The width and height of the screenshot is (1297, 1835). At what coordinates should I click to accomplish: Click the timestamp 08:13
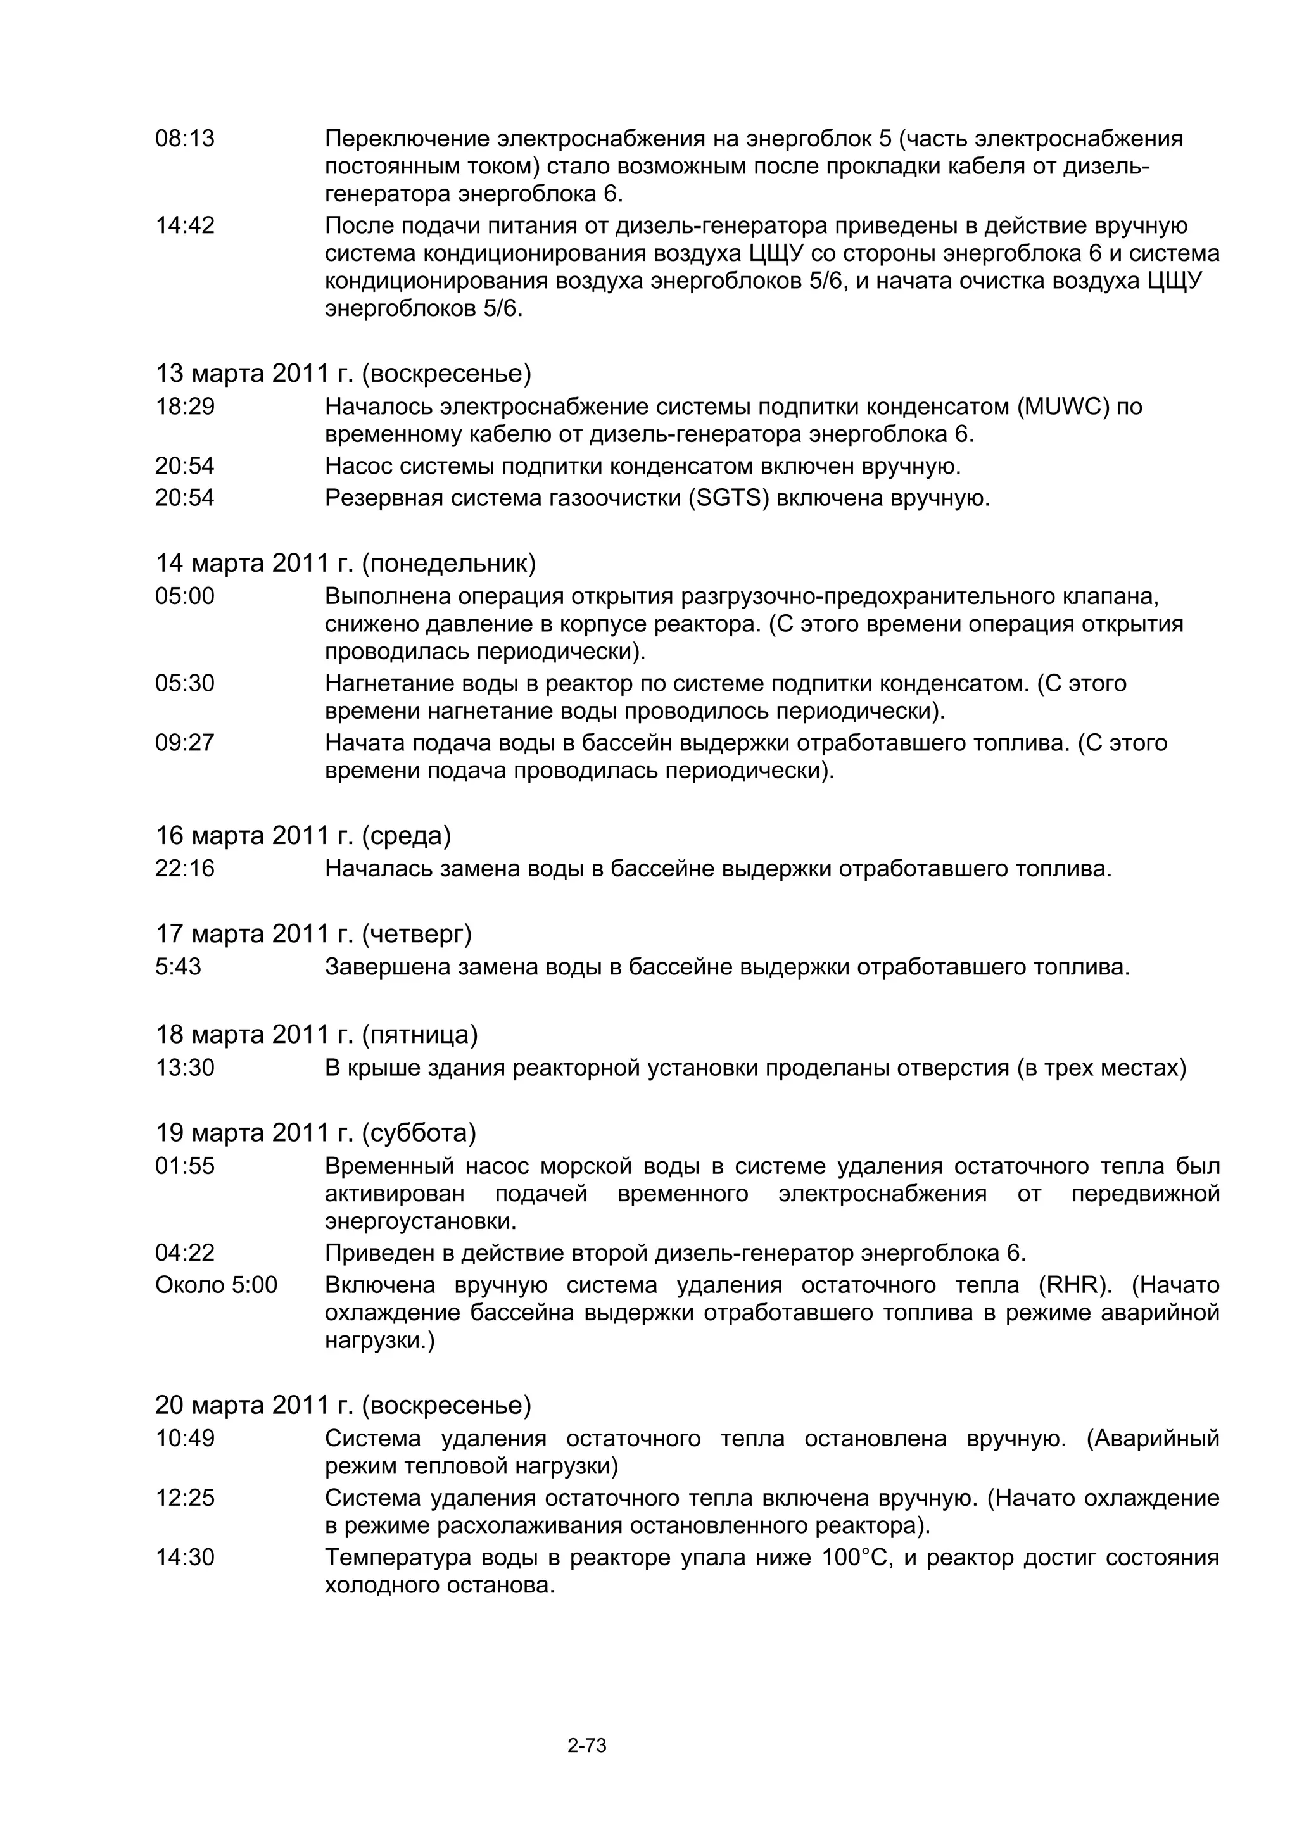coord(184,139)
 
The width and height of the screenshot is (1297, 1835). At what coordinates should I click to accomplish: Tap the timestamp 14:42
coord(184,226)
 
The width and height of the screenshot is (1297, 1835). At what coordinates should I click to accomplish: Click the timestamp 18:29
coord(184,407)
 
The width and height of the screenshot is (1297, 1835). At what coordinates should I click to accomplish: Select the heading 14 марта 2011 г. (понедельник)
coord(345,564)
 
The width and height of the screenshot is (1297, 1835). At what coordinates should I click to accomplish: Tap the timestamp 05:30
coord(184,683)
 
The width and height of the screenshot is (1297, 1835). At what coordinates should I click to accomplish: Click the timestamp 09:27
coord(184,743)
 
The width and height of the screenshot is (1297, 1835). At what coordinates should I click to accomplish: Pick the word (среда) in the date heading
coord(406,835)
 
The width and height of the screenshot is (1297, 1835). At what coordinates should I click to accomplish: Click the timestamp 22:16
coord(184,869)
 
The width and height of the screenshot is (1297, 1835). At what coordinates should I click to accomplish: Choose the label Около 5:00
coord(216,1285)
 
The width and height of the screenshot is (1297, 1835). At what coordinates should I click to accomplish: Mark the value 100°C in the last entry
coord(856,1558)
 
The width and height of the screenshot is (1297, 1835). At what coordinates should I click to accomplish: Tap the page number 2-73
coord(587,1746)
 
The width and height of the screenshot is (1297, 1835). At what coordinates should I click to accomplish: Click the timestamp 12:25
coord(184,1498)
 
